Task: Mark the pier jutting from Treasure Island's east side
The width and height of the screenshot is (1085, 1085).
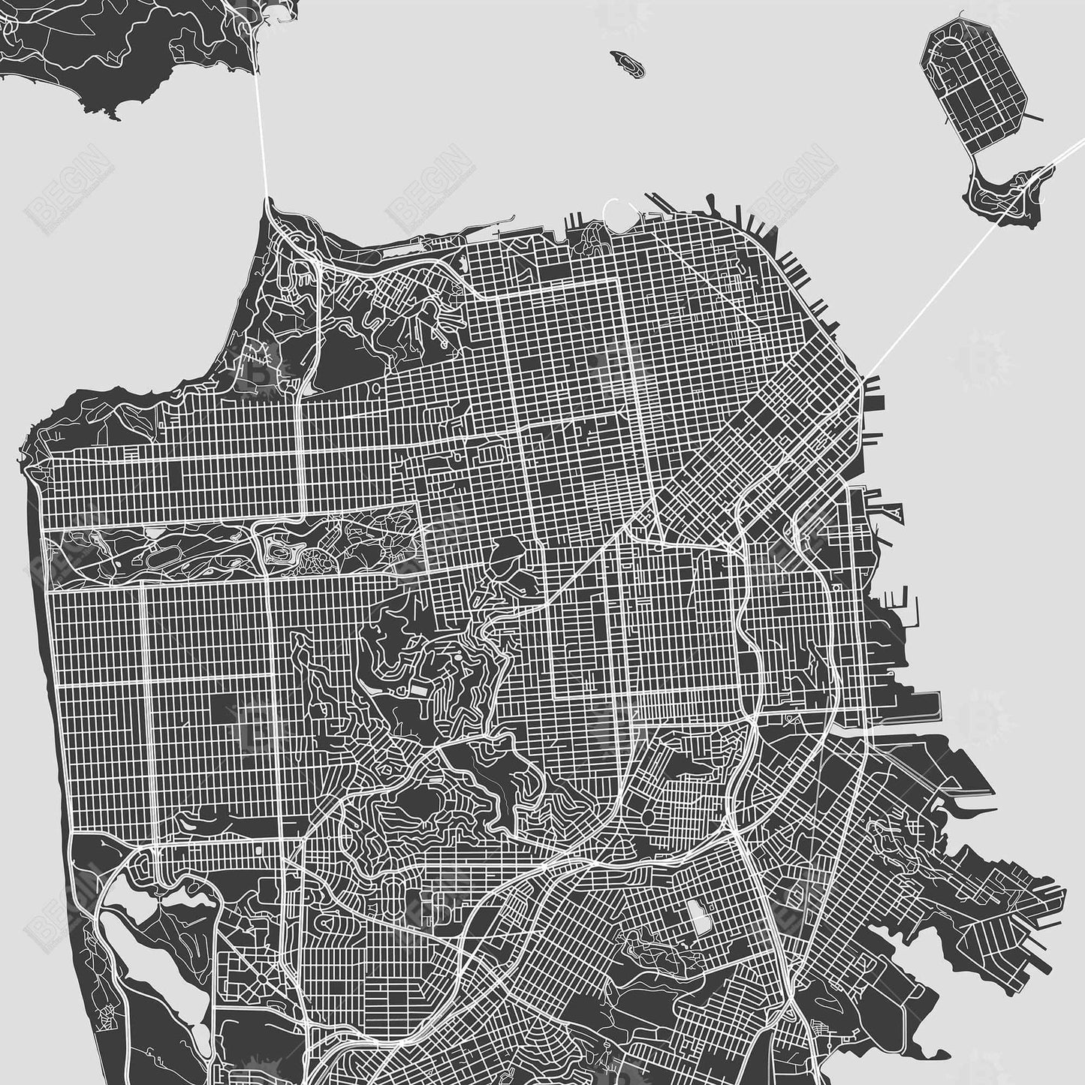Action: click(1032, 118)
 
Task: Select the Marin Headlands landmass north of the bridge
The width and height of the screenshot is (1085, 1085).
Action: click(113, 45)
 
